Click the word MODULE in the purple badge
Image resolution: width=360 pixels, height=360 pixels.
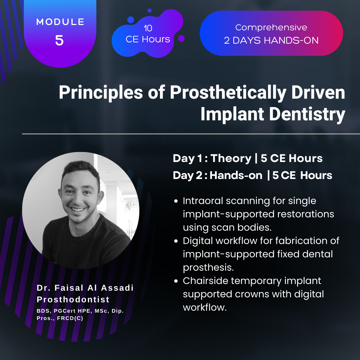click(60, 22)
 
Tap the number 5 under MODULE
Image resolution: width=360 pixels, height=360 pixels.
click(59, 40)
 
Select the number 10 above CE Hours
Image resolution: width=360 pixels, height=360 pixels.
click(148, 28)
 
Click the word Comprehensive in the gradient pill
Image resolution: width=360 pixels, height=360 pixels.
click(271, 27)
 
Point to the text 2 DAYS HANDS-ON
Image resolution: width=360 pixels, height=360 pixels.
click(271, 41)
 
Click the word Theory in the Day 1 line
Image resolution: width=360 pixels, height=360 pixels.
click(231, 158)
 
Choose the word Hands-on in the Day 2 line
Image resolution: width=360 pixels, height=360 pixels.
click(236, 176)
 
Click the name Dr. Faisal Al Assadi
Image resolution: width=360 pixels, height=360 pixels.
click(85, 288)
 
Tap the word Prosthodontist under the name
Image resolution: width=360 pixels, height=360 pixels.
click(73, 299)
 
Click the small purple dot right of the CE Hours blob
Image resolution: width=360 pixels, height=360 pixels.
click(181, 38)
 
